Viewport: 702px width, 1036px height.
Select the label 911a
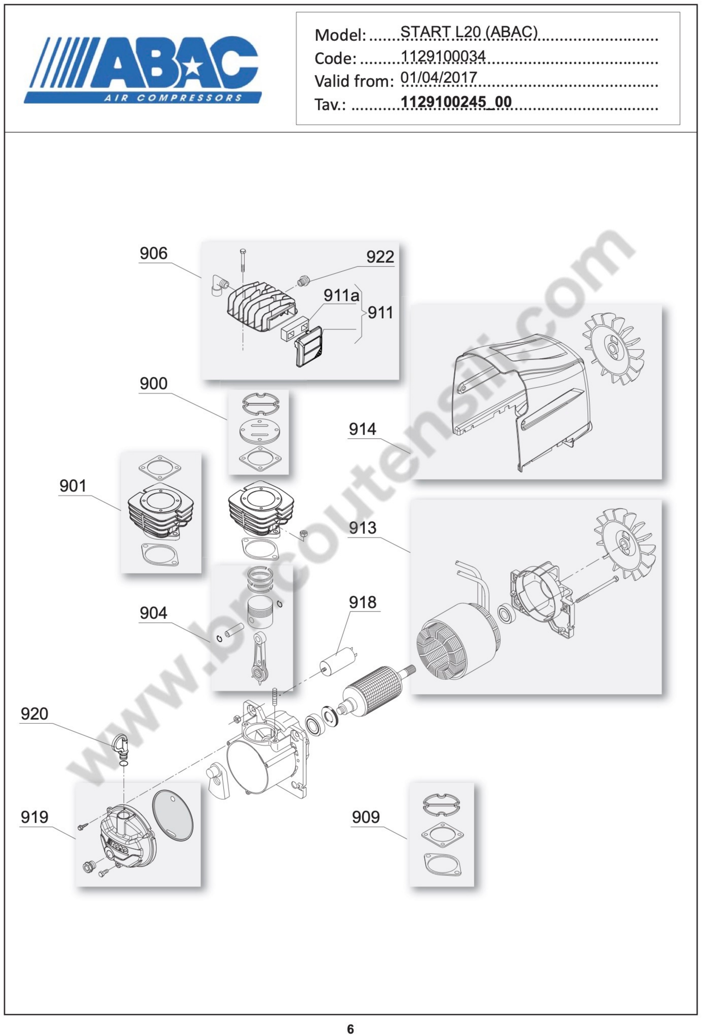tap(341, 295)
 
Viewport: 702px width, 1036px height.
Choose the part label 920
tap(34, 714)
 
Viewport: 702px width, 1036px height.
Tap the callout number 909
tap(366, 817)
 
